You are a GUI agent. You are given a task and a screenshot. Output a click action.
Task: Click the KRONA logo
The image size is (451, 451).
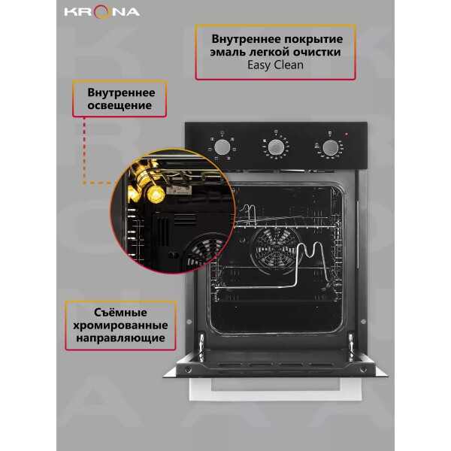point(102,12)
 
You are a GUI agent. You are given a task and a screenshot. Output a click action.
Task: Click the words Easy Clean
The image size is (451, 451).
point(275,65)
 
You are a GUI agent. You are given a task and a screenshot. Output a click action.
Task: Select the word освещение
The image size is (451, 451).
point(120,105)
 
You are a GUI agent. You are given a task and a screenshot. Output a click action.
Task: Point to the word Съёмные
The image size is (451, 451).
point(120,313)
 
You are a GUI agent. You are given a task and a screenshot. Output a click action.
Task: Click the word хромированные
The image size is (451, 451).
point(120,325)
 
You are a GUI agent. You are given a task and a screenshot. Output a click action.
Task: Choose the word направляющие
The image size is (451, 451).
point(120,338)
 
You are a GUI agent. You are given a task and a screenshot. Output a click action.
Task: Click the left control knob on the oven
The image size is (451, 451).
point(222,147)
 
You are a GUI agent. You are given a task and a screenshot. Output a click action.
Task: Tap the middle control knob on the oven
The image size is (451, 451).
point(276,147)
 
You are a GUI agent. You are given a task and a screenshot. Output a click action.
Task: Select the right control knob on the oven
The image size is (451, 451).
point(331,148)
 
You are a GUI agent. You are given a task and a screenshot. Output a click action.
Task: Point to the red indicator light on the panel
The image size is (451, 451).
point(347,134)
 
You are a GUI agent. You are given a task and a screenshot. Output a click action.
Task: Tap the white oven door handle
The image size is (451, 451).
point(275,389)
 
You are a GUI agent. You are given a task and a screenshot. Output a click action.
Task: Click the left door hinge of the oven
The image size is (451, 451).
point(201,347)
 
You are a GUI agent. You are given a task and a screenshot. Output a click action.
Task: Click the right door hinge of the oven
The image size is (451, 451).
point(351,347)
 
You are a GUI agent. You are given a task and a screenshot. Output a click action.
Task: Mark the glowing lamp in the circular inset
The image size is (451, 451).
point(156,194)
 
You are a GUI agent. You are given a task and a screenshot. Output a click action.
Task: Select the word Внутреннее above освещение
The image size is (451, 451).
point(121,93)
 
